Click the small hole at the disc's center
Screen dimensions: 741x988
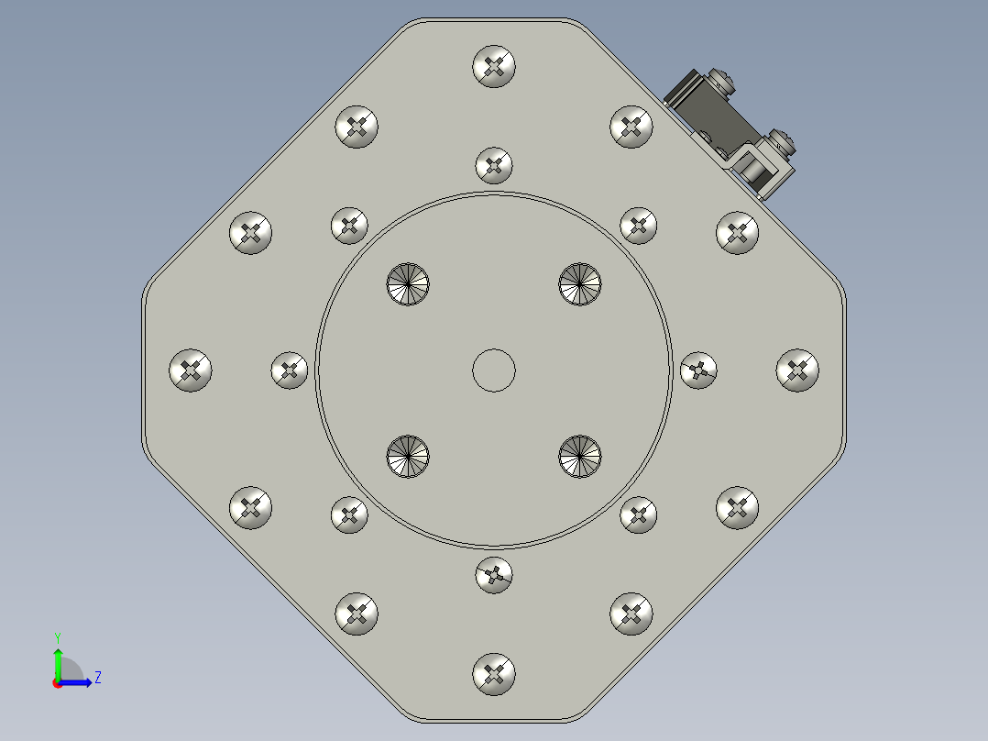click(x=493, y=370)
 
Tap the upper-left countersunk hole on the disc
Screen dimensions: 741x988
click(x=408, y=284)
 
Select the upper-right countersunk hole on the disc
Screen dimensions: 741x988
click(x=580, y=284)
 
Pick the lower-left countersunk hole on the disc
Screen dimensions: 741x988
click(x=408, y=457)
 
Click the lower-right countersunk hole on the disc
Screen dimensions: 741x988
click(x=580, y=457)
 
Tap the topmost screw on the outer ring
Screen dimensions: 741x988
click(x=494, y=66)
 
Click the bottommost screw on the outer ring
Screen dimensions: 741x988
click(x=494, y=675)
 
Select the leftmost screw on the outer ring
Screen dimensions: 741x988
click(x=191, y=370)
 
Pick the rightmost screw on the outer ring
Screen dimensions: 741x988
click(x=797, y=370)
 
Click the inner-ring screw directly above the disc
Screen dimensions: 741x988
click(x=494, y=166)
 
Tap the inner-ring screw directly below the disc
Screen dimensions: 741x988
click(x=494, y=576)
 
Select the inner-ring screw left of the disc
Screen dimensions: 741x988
click(x=290, y=370)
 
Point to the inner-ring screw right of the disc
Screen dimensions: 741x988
click(x=698, y=370)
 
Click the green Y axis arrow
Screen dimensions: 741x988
click(x=58, y=662)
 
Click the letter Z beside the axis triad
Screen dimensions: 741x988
click(x=97, y=678)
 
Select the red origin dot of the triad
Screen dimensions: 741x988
click(x=58, y=682)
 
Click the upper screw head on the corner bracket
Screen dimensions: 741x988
click(x=721, y=83)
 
